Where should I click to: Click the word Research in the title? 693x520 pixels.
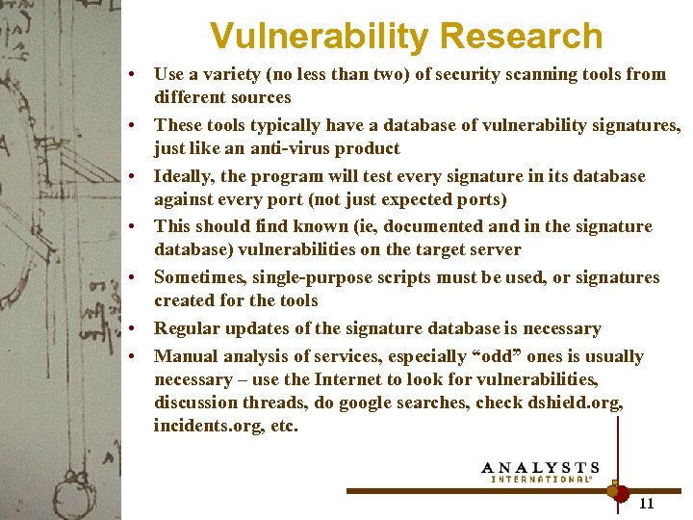click(x=520, y=37)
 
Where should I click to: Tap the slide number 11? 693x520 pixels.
click(x=646, y=503)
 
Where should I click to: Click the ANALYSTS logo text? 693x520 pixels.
click(x=541, y=467)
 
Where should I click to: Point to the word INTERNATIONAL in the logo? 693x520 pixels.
click(x=541, y=479)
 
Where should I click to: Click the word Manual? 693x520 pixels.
click(x=184, y=356)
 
